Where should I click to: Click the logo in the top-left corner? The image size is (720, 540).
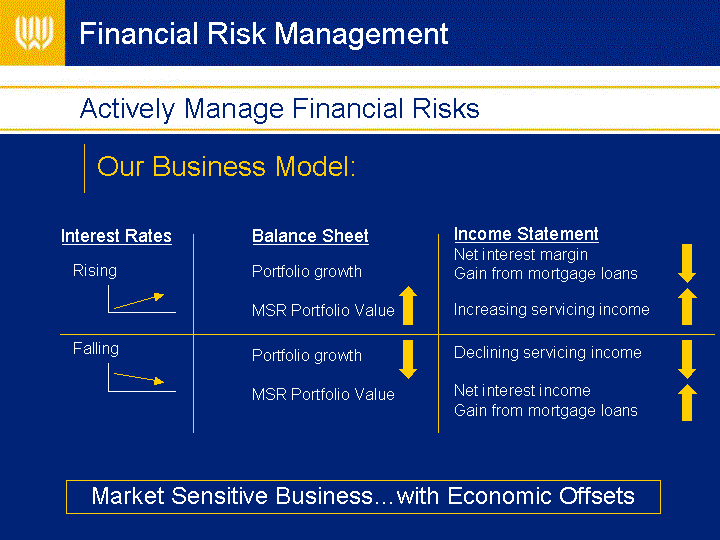[x=34, y=33]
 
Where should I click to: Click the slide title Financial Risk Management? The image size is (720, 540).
[x=264, y=34]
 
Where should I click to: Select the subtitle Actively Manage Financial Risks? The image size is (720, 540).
[x=280, y=109]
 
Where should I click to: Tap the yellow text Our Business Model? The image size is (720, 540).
[x=226, y=166]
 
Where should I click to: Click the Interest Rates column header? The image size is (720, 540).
[x=117, y=236]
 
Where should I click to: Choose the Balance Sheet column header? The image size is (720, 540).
[x=310, y=236]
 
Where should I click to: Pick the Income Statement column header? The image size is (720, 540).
[x=526, y=234]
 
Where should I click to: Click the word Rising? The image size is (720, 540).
[x=95, y=271]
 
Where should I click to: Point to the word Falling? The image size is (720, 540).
[x=96, y=349]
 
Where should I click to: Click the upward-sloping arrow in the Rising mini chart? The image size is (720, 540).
[x=139, y=301]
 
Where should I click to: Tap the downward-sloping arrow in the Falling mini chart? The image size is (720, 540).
[x=139, y=378]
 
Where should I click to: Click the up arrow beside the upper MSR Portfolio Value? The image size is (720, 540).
[x=408, y=306]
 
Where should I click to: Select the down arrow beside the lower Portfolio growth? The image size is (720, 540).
[x=408, y=359]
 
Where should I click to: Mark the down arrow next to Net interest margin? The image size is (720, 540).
[x=687, y=264]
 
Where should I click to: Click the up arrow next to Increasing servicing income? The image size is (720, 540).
[x=687, y=306]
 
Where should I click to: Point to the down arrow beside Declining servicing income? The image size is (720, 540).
[x=687, y=359]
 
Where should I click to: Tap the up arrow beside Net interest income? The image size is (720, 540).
[x=687, y=402]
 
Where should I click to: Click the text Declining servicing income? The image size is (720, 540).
[x=548, y=353]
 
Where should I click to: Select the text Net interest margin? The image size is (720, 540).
[x=521, y=254]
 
